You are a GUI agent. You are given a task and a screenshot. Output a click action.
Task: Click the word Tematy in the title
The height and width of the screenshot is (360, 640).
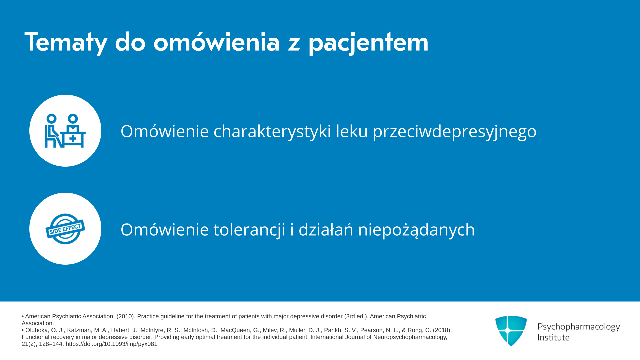click(66, 43)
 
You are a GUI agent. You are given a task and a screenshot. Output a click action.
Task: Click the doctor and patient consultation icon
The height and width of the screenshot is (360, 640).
click(65, 131)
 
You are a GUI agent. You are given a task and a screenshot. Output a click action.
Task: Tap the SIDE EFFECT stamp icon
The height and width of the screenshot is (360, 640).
click(65, 229)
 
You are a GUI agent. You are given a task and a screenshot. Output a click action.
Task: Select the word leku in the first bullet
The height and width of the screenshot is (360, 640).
click(352, 131)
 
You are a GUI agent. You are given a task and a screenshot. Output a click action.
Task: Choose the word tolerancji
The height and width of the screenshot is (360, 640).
click(249, 230)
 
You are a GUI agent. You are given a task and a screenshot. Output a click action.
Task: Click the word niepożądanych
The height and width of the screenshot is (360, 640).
click(416, 230)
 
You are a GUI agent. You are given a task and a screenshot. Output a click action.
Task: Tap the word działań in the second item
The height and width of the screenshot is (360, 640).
click(326, 229)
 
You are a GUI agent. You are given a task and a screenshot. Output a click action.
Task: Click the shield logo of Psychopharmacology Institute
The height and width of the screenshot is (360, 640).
click(511, 331)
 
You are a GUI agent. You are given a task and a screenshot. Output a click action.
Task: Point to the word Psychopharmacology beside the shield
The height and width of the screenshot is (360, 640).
click(579, 327)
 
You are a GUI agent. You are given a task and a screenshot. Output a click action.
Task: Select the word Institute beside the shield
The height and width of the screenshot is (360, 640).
click(553, 337)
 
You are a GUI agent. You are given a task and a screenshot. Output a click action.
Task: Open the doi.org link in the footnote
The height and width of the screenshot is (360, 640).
click(111, 344)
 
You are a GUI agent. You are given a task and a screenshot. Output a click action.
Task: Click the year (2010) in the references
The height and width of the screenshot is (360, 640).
click(125, 316)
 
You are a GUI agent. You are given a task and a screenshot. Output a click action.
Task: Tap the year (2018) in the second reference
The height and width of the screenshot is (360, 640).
click(442, 330)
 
